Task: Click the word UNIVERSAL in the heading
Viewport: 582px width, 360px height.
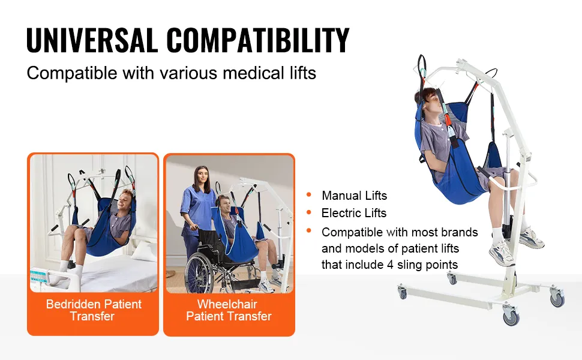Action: (x=92, y=40)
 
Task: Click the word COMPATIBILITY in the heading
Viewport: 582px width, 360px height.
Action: (x=258, y=40)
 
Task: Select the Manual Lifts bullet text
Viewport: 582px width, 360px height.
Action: (x=354, y=195)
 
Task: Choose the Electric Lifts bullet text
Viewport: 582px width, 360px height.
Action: (x=354, y=212)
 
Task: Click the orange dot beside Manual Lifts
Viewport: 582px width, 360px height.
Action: (x=309, y=194)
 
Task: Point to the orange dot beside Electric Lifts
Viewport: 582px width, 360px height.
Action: (x=309, y=212)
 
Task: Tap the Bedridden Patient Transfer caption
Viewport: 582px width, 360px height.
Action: (x=94, y=310)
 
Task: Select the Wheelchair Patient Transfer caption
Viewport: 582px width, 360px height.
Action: (x=229, y=310)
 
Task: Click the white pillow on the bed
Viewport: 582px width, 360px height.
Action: (x=144, y=252)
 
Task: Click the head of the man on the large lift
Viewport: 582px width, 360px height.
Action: (x=431, y=101)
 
